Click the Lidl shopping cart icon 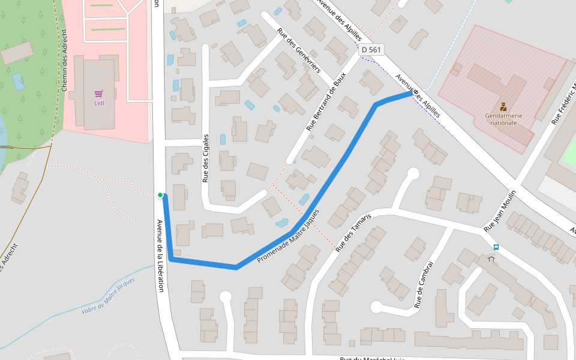[x=99, y=94]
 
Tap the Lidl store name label [x=99, y=103]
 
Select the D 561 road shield [x=371, y=50]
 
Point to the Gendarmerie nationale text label [x=503, y=119]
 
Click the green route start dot [x=160, y=195]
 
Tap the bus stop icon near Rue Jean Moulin [x=496, y=247]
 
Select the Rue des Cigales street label [x=205, y=158]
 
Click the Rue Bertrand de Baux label [x=326, y=105]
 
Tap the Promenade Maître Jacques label [x=288, y=236]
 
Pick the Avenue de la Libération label [x=160, y=255]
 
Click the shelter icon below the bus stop [x=492, y=259]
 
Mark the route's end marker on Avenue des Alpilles [x=415, y=92]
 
